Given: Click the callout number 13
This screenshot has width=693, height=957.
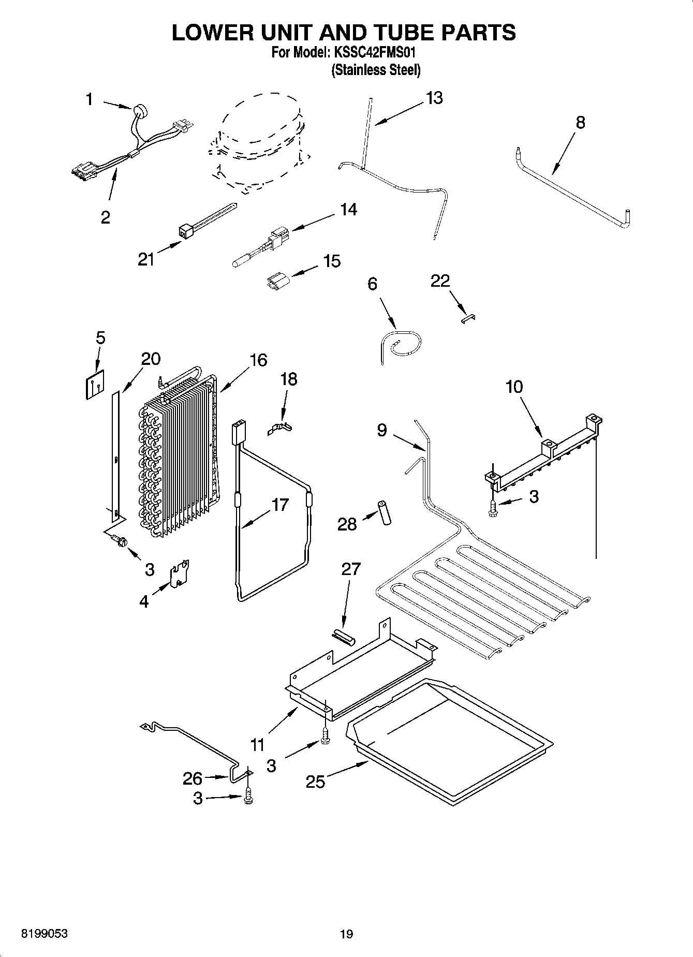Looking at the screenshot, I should (434, 98).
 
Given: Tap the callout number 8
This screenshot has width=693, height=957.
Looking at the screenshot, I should (580, 123).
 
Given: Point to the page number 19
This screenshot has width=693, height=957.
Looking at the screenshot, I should (346, 934).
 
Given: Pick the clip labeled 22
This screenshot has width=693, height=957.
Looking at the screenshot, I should (468, 318).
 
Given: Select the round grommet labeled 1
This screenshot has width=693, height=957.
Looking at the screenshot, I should (139, 110).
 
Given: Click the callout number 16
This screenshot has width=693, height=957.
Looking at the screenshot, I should (258, 360).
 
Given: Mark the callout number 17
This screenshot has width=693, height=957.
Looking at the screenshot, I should (279, 504).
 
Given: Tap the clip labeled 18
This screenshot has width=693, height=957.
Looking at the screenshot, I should (280, 427).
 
